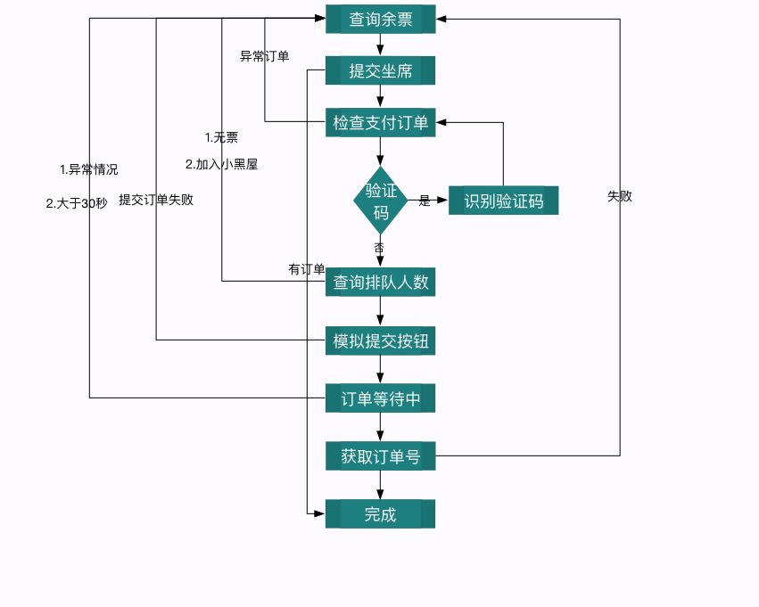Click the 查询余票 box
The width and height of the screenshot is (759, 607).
click(380, 20)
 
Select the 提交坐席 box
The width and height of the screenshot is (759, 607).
click(380, 71)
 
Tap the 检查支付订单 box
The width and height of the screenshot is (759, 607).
click(380, 122)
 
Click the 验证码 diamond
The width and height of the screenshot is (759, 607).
click(381, 201)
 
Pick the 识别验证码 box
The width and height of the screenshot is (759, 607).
click(503, 201)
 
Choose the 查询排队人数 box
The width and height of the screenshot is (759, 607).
click(380, 283)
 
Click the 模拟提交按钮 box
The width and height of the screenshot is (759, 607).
click(380, 340)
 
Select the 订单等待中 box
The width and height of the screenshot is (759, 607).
click(380, 398)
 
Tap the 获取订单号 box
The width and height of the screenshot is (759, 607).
click(380, 456)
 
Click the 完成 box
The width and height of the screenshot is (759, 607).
click(380, 514)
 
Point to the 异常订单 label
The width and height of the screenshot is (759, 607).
click(264, 56)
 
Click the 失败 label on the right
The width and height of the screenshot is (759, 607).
click(620, 196)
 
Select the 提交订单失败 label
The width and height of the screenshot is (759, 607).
click(156, 200)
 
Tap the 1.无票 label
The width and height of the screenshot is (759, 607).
click(221, 137)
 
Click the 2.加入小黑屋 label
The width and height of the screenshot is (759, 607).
click(221, 164)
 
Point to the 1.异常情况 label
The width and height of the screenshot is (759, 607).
click(88, 169)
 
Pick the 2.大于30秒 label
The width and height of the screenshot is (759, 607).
click(77, 203)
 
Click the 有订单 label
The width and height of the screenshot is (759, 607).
click(306, 269)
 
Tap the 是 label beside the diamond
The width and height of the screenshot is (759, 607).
click(425, 201)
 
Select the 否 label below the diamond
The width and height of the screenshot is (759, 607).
click(379, 247)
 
